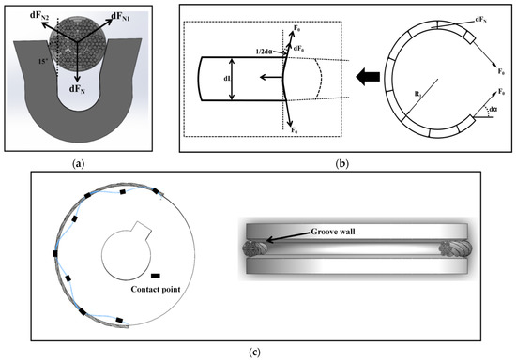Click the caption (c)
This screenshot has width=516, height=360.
[257, 352]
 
